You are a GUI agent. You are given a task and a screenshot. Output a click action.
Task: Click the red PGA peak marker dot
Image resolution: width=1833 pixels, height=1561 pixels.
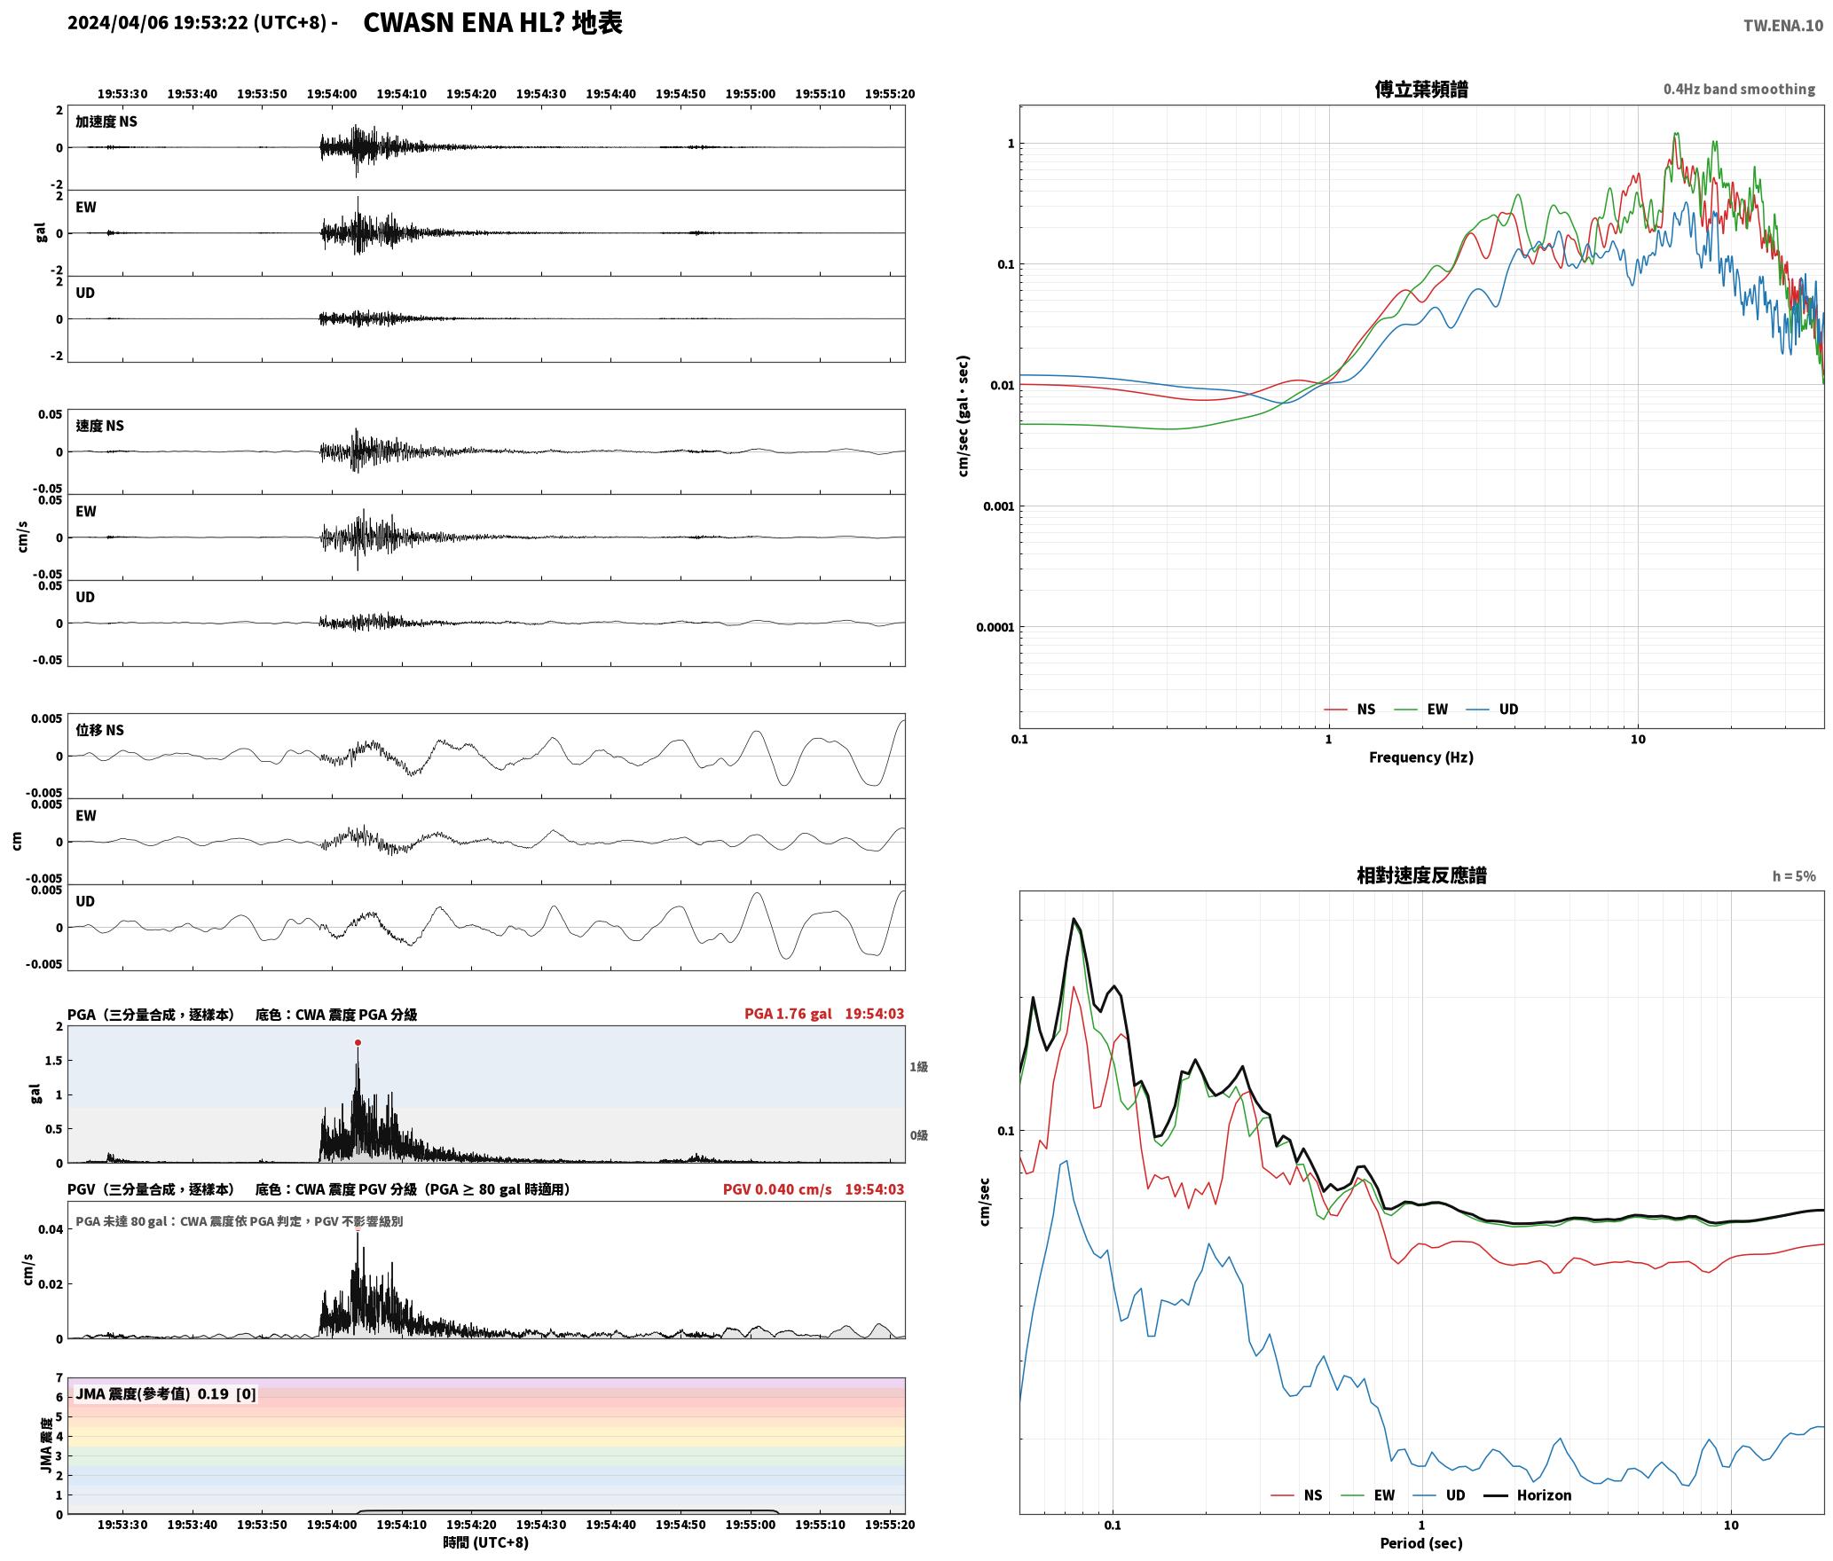click(x=358, y=1042)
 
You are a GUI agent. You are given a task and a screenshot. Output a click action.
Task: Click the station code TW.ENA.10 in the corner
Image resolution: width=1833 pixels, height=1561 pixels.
click(x=1783, y=26)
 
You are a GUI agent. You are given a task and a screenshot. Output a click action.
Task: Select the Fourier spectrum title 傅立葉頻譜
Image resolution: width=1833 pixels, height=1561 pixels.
click(x=1420, y=90)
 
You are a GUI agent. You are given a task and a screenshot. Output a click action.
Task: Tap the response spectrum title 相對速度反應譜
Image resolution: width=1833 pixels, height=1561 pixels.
click(x=1421, y=875)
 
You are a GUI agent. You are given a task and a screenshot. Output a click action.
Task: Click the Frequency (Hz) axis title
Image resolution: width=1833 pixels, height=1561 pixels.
click(x=1421, y=757)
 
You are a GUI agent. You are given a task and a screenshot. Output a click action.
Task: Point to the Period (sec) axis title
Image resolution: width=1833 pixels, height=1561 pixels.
click(x=1421, y=1542)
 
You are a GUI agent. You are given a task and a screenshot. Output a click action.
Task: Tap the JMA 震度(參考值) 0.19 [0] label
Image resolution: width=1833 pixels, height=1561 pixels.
click(x=166, y=1393)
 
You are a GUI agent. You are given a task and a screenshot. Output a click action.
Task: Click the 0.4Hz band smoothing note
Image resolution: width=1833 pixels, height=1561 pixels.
click(x=1739, y=89)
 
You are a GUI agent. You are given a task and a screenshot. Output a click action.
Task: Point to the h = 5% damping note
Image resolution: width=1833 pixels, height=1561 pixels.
click(x=1794, y=876)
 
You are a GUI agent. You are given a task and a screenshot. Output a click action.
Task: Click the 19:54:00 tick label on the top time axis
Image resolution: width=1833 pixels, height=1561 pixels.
click(x=332, y=93)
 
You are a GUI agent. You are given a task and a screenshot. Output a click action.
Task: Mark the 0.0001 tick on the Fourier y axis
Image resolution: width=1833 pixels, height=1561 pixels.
click(x=995, y=628)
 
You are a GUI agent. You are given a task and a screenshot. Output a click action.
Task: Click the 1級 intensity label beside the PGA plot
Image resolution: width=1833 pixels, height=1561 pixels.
click(x=918, y=1067)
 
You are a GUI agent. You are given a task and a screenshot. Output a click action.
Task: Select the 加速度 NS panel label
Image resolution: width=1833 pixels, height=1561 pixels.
click(x=106, y=122)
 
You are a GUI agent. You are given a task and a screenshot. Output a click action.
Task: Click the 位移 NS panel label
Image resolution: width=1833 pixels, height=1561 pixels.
click(x=99, y=730)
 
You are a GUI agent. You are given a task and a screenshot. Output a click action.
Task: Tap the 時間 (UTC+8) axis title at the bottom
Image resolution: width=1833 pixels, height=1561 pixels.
click(x=486, y=1542)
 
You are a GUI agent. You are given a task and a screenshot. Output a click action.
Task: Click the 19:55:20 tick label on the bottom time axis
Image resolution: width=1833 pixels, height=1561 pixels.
click(x=890, y=1525)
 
